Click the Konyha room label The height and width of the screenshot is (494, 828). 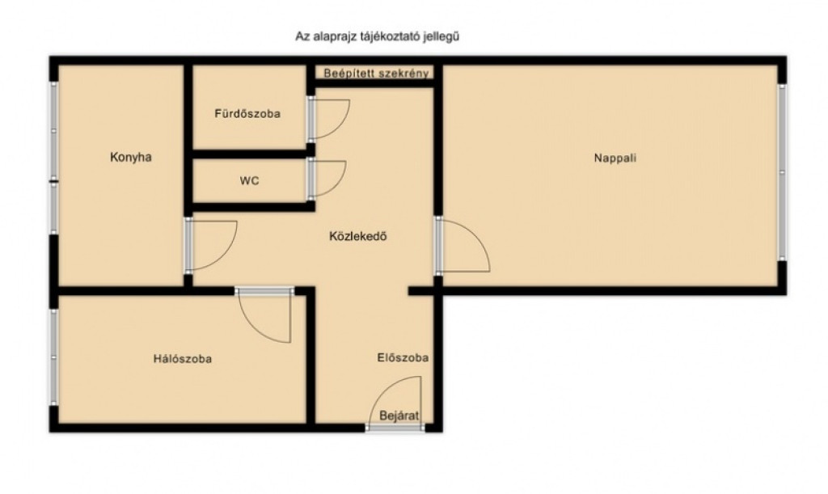point(131,158)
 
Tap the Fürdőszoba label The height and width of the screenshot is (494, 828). point(247,113)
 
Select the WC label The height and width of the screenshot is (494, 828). point(249,181)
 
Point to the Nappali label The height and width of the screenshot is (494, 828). point(615,158)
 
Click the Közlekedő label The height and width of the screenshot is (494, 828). point(358,236)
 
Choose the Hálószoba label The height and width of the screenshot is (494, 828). point(183,359)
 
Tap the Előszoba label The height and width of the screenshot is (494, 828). point(403,358)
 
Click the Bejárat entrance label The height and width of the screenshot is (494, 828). point(399,416)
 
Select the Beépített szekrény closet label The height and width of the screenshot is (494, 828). point(376,74)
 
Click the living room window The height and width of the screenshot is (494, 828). point(782,172)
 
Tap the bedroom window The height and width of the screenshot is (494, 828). point(53,357)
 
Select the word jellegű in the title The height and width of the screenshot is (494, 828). point(441,37)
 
